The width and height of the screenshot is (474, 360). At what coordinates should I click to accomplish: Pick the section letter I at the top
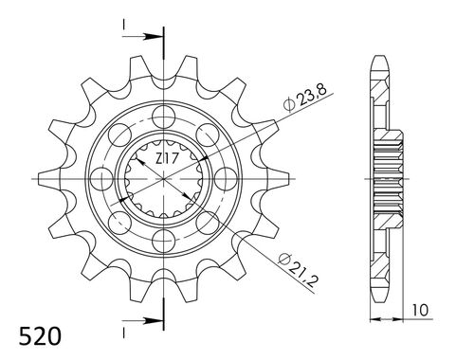click(x=123, y=22)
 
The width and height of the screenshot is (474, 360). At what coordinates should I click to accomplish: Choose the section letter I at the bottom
click(x=123, y=334)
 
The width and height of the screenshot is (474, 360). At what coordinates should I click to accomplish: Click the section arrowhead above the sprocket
click(x=152, y=38)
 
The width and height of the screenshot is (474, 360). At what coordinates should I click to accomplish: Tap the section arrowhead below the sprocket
click(x=152, y=318)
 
